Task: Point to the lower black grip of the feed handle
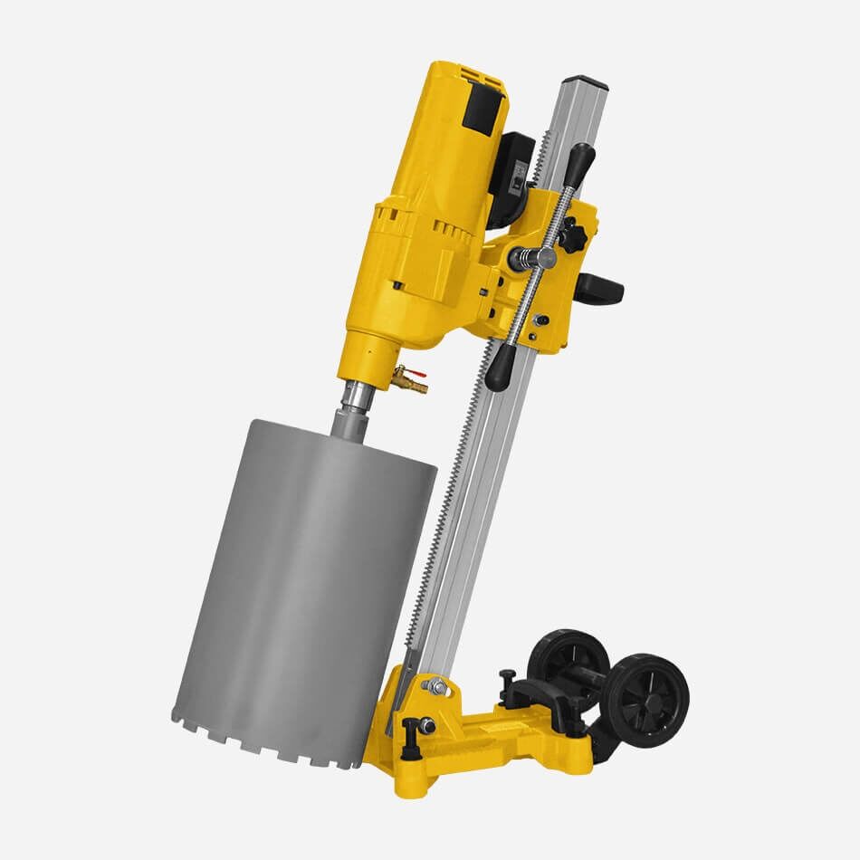[x=499, y=368]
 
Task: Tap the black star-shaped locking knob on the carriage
[x=572, y=234]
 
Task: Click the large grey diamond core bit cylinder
[x=303, y=579]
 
